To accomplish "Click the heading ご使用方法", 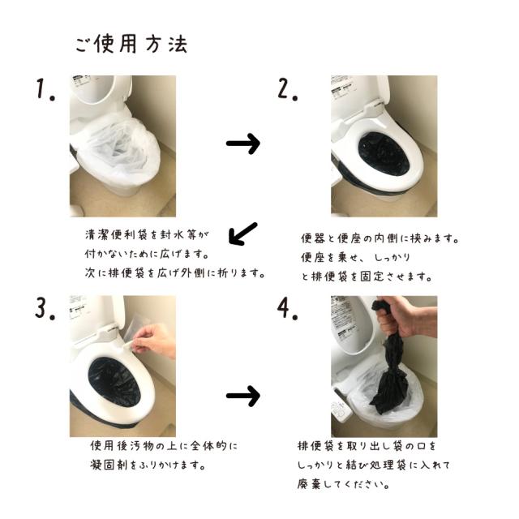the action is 131,44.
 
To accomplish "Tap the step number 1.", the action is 45,89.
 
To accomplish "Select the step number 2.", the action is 287,89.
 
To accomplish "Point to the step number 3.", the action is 45,309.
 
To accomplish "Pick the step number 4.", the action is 287,309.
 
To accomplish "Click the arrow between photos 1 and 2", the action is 243,144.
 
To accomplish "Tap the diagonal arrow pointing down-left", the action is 242,234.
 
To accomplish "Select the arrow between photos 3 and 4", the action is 243,396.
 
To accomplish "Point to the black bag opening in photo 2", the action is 384,155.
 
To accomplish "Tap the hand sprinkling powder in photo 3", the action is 156,341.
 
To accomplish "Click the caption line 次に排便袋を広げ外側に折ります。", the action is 175,273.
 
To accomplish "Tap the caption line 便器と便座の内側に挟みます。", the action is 380,238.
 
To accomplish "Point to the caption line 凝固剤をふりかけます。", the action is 148,465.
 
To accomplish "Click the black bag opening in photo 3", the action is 114,381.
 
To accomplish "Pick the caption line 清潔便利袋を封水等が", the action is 147,234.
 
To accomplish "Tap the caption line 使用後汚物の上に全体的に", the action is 164,446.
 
